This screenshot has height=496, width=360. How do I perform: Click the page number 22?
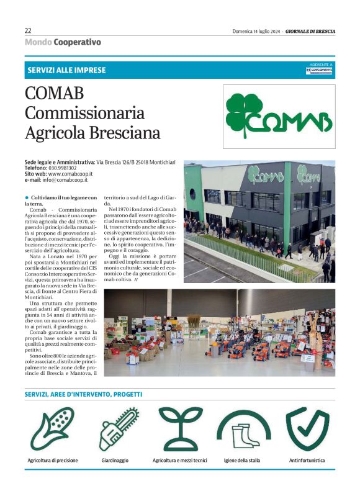(x=28, y=30)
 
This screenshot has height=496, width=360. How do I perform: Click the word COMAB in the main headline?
(x=54, y=94)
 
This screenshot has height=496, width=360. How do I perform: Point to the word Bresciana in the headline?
(x=126, y=133)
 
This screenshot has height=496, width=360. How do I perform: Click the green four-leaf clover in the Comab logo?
(x=243, y=114)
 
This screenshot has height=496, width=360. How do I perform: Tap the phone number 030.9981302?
(x=63, y=168)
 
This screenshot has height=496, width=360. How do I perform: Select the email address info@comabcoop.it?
(x=65, y=180)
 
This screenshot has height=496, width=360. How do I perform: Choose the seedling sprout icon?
(x=181, y=428)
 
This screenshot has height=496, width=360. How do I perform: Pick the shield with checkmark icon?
(x=308, y=428)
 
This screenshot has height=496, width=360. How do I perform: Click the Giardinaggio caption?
(x=115, y=461)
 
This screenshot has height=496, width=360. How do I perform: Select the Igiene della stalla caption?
(x=242, y=461)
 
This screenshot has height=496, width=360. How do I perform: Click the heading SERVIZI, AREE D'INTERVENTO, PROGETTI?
(x=83, y=394)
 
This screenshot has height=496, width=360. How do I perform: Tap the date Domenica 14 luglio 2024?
(x=255, y=31)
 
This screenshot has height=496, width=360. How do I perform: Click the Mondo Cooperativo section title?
(x=63, y=42)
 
